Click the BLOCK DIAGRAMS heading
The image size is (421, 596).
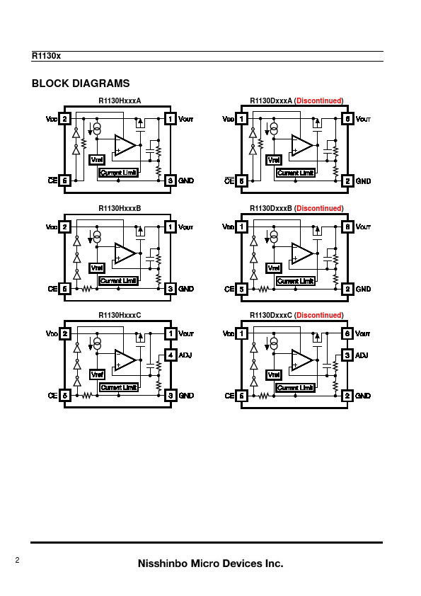81,84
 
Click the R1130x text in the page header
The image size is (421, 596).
46,56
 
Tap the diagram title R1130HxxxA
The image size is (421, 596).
120,101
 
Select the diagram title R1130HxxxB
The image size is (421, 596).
120,208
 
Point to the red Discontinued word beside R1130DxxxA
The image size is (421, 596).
319,101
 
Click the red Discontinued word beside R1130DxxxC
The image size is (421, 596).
319,315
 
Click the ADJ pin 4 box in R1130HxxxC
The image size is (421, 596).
171,355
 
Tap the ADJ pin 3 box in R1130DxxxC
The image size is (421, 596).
347,355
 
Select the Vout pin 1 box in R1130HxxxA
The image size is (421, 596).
171,119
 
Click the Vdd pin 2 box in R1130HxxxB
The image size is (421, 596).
64,227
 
